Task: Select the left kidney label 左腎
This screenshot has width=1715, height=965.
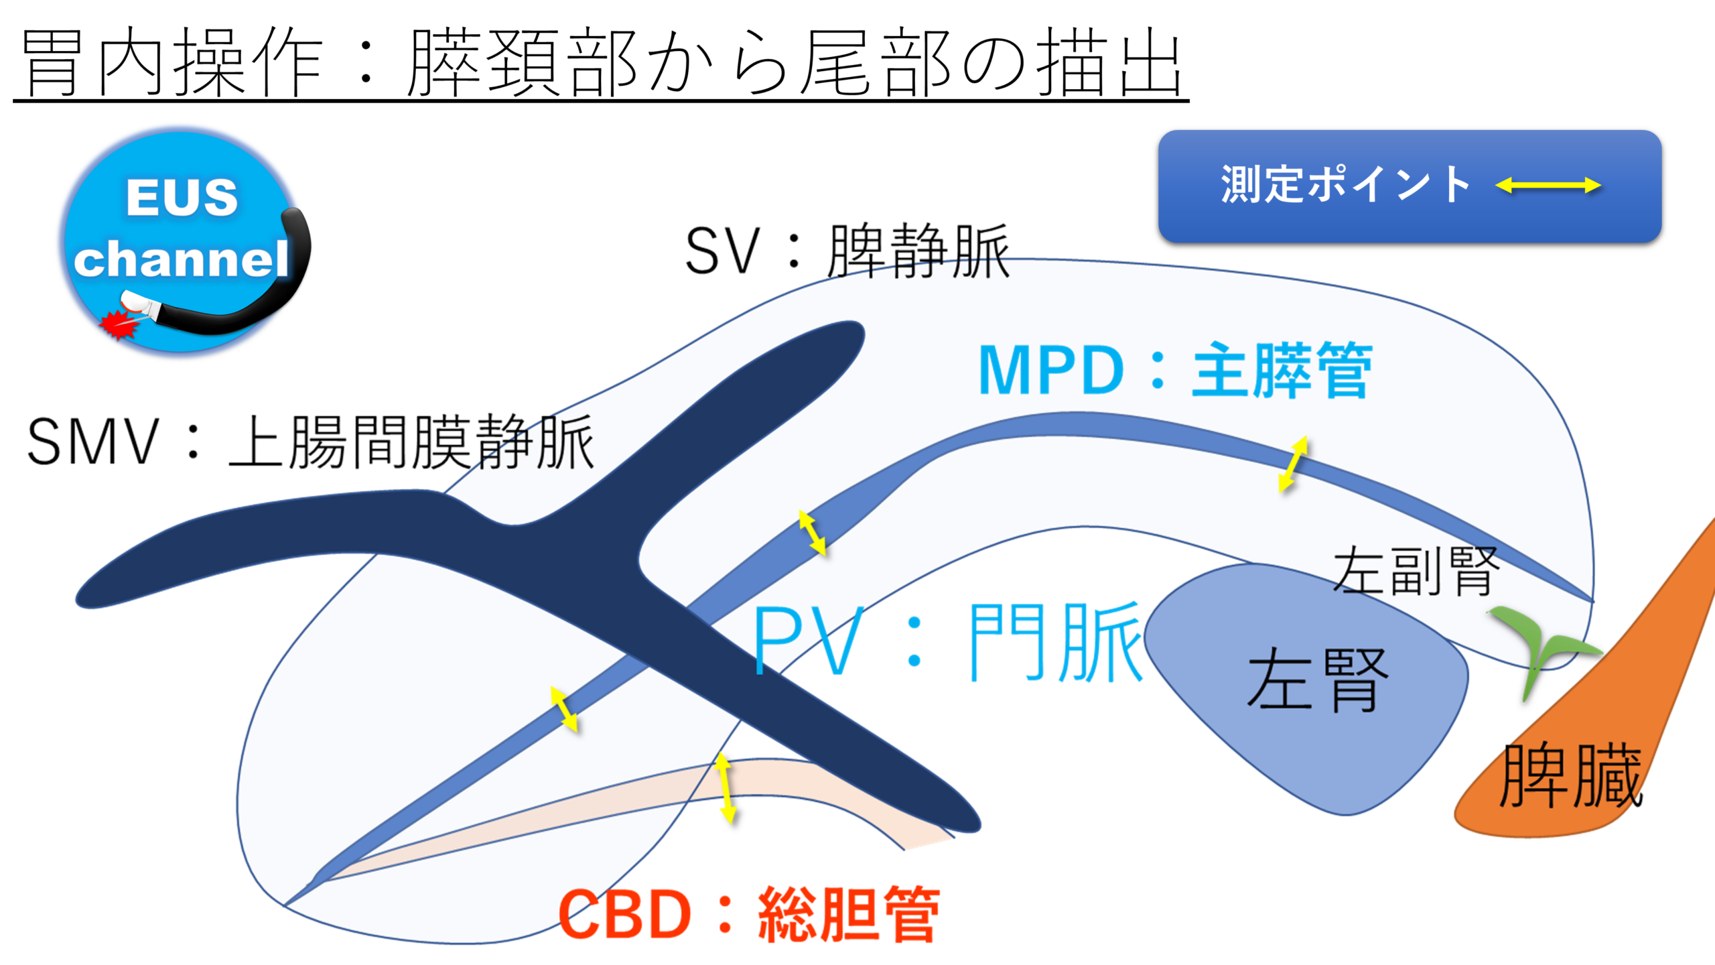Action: [1317, 680]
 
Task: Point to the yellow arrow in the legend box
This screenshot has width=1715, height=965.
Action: [1548, 186]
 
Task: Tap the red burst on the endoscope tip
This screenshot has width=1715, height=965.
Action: [119, 325]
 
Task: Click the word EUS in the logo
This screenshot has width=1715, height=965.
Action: [182, 198]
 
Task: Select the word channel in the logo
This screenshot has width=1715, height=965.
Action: [181, 260]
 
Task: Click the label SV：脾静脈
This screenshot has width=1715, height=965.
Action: [847, 251]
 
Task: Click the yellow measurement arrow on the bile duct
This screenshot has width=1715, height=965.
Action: [725, 788]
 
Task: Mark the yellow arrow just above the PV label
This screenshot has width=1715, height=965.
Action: [812, 533]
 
